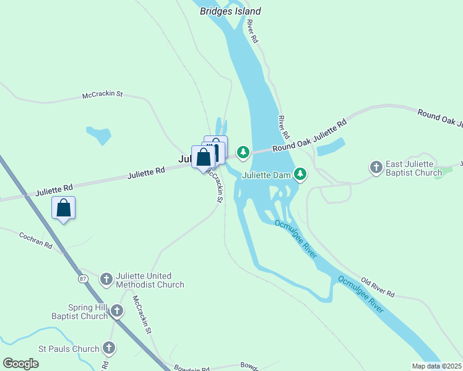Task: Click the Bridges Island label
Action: [230, 11]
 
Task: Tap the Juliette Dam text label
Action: [266, 175]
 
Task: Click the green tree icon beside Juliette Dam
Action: [300, 174]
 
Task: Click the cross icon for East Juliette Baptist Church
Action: [376, 168]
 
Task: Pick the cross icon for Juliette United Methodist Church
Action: [106, 279]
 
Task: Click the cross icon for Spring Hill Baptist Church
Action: [117, 312]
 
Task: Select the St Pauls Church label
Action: [69, 349]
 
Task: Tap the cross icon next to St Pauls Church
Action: [110, 348]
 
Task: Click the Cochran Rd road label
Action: [35, 239]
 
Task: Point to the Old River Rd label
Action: [377, 287]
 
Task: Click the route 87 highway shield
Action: [84, 279]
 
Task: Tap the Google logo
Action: [20, 364]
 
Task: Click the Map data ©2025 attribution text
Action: [437, 366]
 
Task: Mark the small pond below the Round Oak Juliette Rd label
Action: [330, 146]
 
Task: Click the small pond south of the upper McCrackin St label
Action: [98, 134]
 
